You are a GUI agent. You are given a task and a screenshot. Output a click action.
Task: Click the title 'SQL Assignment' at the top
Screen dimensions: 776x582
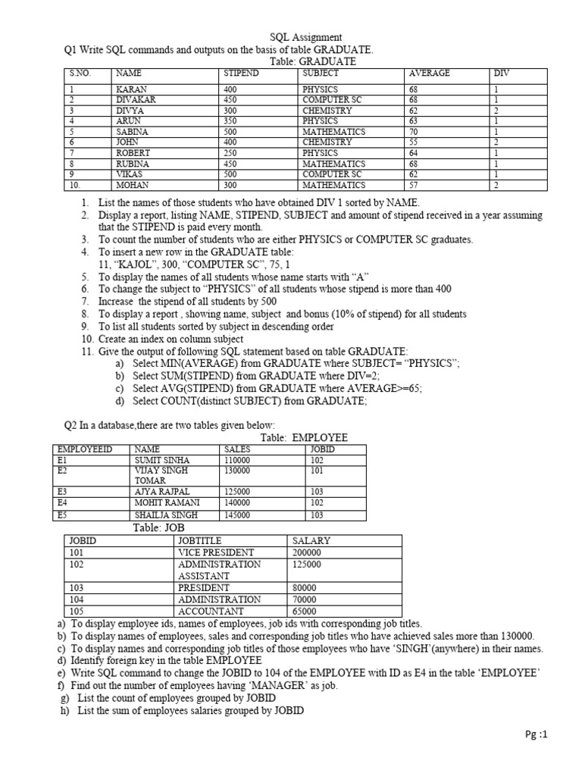point(306,37)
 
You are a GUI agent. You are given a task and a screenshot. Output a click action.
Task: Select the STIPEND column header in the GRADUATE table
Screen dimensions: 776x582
point(242,74)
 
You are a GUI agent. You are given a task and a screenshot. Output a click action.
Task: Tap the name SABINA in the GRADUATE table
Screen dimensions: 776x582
point(134,131)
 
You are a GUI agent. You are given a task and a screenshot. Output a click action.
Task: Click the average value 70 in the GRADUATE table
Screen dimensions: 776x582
point(414,131)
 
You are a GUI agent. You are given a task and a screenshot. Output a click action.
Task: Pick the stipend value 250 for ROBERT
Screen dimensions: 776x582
point(230,152)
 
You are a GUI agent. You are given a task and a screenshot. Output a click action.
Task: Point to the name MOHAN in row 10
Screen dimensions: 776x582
point(133,184)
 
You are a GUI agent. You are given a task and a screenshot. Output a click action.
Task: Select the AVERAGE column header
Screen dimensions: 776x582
point(429,74)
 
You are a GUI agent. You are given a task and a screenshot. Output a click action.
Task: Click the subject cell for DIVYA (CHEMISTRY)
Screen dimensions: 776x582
point(327,110)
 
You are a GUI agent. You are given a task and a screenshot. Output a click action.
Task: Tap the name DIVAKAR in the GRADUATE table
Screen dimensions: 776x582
point(137,99)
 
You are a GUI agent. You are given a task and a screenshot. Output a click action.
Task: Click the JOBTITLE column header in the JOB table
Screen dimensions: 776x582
point(201,541)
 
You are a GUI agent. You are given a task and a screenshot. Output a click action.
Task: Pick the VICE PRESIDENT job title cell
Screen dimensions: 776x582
point(216,552)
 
